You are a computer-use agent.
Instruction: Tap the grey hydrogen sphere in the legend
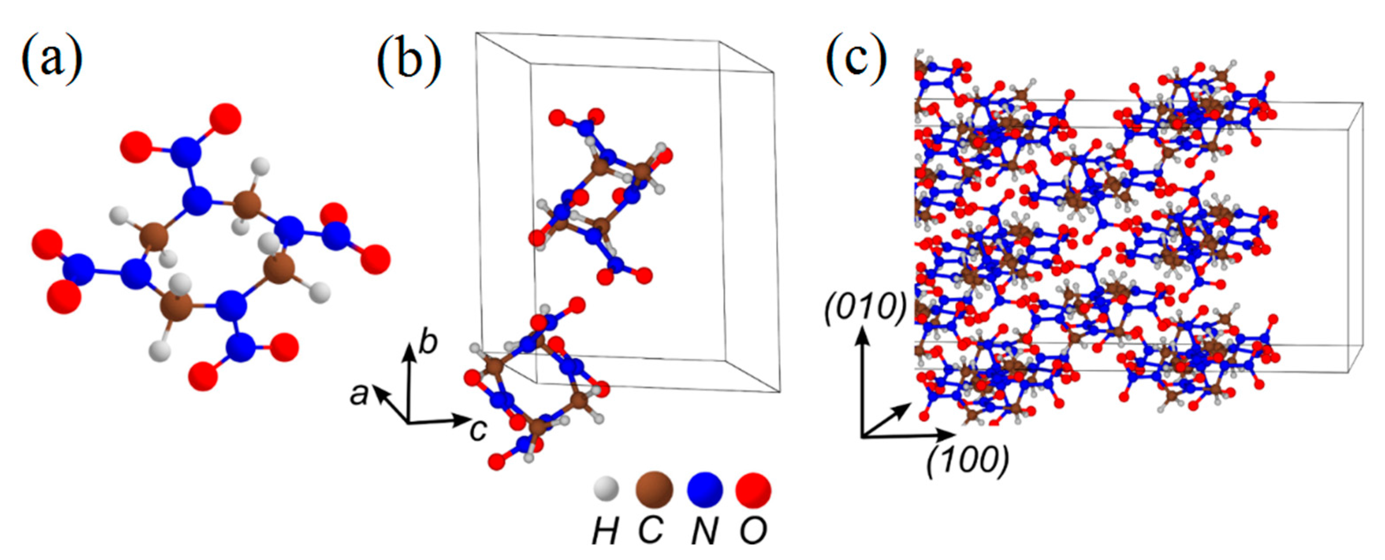[x=606, y=489]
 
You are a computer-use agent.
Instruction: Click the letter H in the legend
[x=605, y=531]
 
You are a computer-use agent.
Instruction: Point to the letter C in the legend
[x=651, y=531]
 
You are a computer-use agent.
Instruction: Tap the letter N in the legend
[x=704, y=531]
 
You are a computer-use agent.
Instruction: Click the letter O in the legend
[x=753, y=531]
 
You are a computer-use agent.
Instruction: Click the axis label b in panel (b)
[x=428, y=343]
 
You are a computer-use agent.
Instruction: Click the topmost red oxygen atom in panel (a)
[x=225, y=118]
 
